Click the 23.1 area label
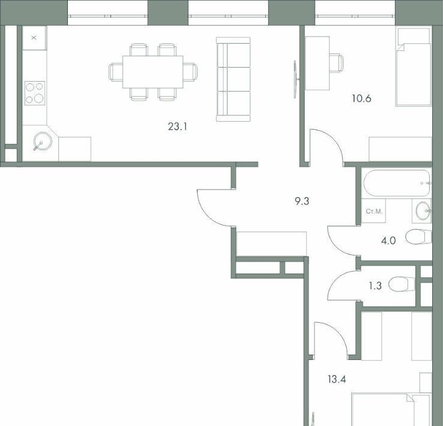tap(178, 127)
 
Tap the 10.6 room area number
tap(361, 98)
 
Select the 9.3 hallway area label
tap(302, 201)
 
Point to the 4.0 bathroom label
tap(388, 241)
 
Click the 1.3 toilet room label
tap(375, 286)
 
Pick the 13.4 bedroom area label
tap(337, 379)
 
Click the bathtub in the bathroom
tap(397, 183)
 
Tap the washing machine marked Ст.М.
tap(374, 211)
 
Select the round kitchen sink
tap(43, 141)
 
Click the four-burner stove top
tap(35, 93)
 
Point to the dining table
tap(153, 72)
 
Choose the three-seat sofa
tap(234, 79)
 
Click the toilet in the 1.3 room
tap(402, 284)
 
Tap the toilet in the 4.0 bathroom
tap(418, 236)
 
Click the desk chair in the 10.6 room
tap(336, 63)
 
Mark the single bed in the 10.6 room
tap(414, 67)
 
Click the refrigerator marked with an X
tap(34, 38)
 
